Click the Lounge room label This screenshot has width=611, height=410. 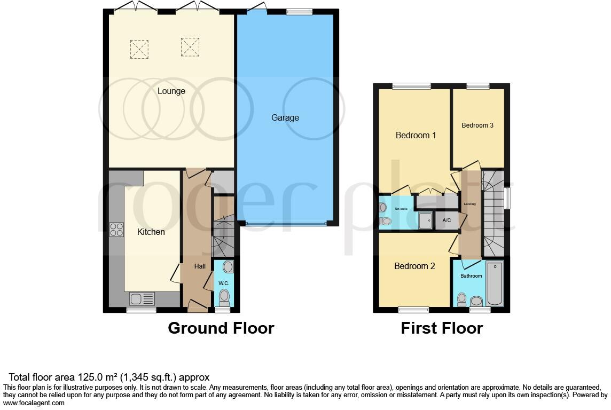171,91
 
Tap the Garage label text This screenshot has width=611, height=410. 285,117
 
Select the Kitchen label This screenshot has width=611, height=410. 151,232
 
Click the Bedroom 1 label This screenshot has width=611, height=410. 416,136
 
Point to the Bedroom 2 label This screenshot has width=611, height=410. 415,266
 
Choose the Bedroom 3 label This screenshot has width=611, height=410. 477,125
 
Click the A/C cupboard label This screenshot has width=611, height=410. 447,220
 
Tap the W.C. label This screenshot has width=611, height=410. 223,282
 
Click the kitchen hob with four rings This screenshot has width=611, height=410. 116,229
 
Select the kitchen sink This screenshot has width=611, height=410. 142,298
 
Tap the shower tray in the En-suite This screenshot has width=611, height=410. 426,220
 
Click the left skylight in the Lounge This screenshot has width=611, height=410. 139,49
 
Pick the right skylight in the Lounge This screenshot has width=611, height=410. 190,47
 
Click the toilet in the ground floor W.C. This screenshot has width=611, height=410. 224,296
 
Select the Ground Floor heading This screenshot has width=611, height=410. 221,328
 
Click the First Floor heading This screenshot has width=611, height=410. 442,328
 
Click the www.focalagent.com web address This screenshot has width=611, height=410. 34,403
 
